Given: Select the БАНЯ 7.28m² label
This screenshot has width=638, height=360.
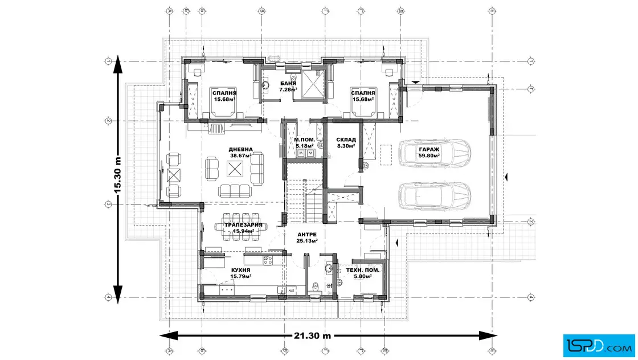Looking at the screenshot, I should [288, 86].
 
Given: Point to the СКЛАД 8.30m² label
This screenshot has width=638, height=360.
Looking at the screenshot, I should [346, 142].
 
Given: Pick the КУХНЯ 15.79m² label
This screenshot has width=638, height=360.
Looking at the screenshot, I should [241, 273].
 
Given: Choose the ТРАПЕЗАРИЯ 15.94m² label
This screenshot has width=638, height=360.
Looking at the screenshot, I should [243, 227].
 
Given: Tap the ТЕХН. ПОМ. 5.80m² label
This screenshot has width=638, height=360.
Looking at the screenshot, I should [363, 272].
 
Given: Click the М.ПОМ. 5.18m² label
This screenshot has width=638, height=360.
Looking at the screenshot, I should [304, 142].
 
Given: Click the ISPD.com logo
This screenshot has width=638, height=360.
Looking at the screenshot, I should [599, 343].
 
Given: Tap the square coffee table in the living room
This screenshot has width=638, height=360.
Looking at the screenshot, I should [235, 168].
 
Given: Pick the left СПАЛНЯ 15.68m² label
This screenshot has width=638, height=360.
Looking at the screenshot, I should [224, 96].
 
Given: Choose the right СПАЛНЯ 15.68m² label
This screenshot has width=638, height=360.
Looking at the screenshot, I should [363, 96].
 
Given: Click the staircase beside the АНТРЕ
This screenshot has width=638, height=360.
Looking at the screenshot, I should [303, 202].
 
